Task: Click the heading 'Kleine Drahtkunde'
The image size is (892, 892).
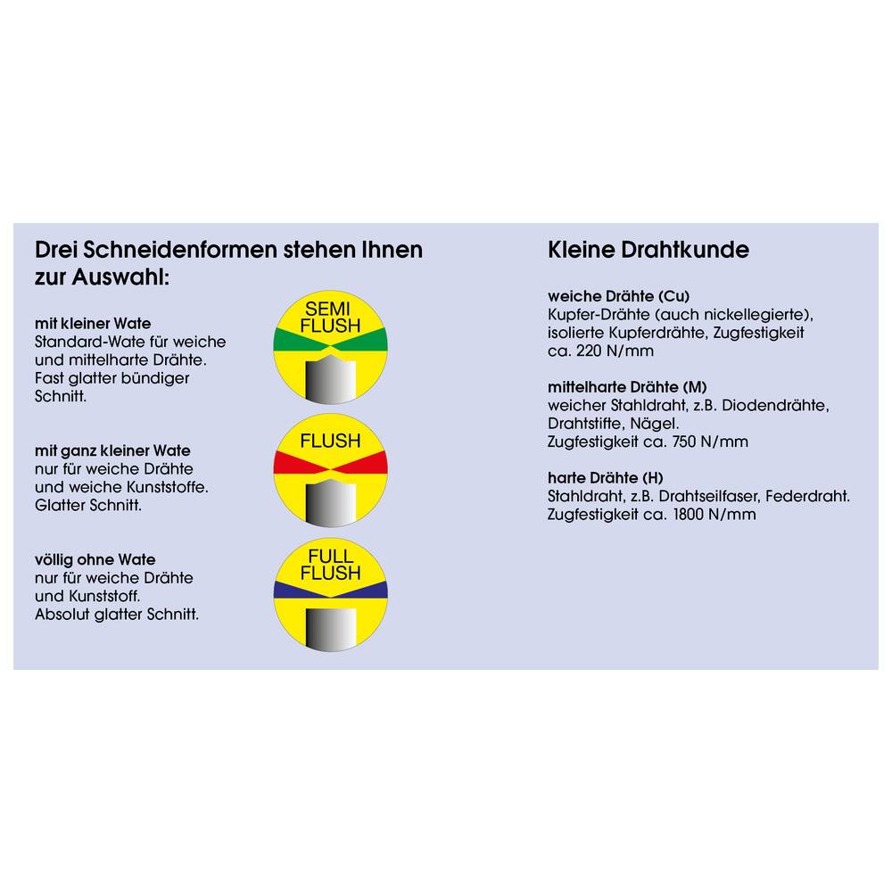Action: click(648, 250)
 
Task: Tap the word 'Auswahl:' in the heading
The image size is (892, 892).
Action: click(120, 277)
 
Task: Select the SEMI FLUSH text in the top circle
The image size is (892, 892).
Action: click(330, 318)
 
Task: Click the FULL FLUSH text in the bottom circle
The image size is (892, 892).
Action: click(331, 565)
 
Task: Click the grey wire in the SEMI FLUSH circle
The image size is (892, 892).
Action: click(330, 379)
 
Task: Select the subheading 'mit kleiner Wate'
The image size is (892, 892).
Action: click(93, 324)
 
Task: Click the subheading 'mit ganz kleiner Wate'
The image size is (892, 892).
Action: click(112, 451)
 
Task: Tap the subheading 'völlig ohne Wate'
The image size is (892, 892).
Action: click(95, 560)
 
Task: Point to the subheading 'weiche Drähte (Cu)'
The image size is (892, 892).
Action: click(618, 296)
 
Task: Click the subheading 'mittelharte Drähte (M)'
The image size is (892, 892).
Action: click(627, 387)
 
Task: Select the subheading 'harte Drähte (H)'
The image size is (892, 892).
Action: click(606, 478)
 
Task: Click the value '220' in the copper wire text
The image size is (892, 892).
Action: click(589, 351)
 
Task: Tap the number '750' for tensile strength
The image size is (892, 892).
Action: click(684, 442)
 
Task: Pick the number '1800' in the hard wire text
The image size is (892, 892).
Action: click(689, 515)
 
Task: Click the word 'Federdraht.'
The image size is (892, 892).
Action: click(808, 497)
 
